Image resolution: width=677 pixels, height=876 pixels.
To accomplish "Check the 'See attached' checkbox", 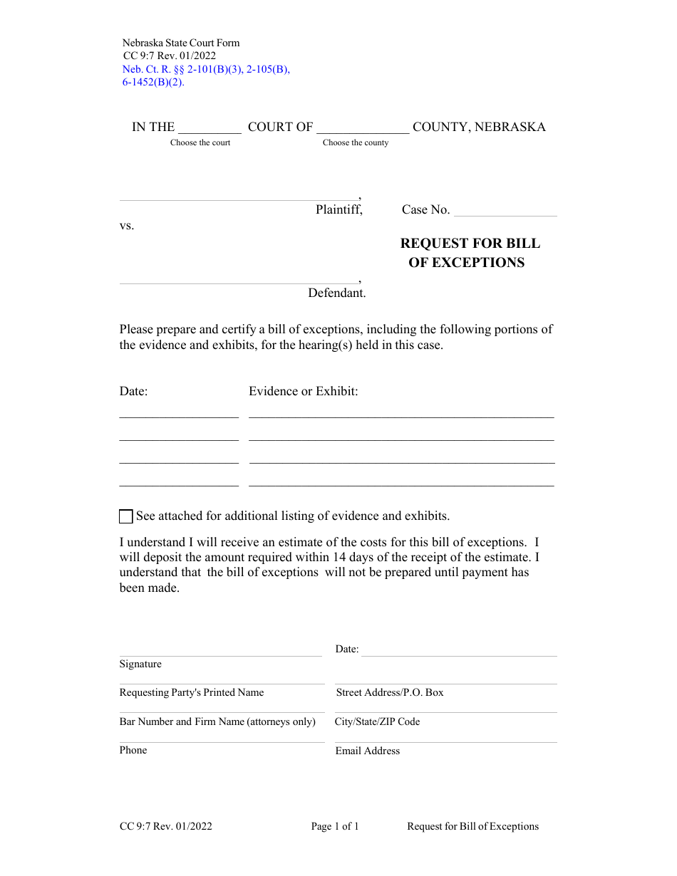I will click(126, 516).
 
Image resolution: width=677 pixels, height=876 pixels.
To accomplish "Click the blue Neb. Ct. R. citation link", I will click(206, 70).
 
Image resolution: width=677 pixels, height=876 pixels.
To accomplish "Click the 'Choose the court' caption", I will click(200, 142).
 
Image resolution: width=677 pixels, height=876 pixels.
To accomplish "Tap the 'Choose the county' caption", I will click(356, 142).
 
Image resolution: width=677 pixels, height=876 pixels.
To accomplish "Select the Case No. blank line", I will click(505, 210).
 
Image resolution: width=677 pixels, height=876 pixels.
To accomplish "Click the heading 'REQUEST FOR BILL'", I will click(470, 244).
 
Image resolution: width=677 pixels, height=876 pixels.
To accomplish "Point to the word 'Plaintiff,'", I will click(339, 209).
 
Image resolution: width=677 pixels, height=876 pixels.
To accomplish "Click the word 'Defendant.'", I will click(337, 293).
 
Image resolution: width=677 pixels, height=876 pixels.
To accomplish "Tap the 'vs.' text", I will click(127, 226).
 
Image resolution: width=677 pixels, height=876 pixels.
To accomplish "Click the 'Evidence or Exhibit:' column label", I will click(304, 391).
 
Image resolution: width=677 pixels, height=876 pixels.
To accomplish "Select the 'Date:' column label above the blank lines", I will click(133, 391).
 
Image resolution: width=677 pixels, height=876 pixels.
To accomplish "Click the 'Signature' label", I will click(140, 664).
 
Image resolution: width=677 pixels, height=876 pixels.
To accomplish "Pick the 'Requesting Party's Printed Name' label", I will click(192, 692).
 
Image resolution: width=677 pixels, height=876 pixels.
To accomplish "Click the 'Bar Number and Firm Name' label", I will click(217, 721).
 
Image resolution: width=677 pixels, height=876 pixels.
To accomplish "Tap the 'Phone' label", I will click(133, 750).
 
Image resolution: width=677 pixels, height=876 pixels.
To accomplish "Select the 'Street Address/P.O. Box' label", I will click(390, 692).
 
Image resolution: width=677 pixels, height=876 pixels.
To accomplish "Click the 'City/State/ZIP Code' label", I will click(378, 721).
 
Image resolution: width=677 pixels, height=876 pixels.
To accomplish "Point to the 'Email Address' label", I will click(368, 751).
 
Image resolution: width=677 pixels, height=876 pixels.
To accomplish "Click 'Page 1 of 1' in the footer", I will click(335, 826).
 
